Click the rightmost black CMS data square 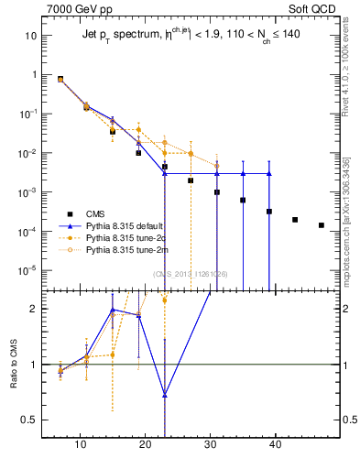pyautogui.click(x=321, y=225)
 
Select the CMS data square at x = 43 pyautogui.click(x=295, y=220)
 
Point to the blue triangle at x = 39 pyautogui.click(x=269, y=173)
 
